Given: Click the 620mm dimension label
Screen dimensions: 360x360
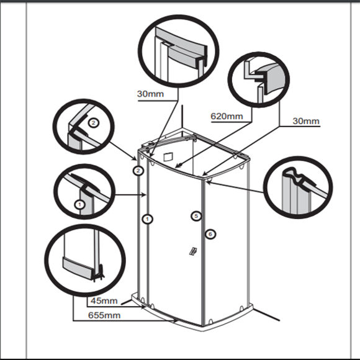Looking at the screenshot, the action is (x=227, y=117).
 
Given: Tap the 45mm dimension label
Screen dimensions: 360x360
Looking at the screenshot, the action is (x=104, y=300).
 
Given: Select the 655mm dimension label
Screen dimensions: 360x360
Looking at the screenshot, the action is (x=104, y=315).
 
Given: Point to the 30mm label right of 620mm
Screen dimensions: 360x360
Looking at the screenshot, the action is (x=306, y=121).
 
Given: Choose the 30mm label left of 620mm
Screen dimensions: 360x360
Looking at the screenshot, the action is (x=150, y=94).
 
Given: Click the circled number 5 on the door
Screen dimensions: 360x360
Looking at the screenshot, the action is (x=196, y=216).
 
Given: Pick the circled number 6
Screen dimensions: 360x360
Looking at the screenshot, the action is (x=210, y=234).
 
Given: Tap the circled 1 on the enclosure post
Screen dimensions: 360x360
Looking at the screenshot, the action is (x=147, y=219).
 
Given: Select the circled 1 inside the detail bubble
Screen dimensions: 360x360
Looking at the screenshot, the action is (x=79, y=204).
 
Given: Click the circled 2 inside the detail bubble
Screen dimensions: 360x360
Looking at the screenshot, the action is (x=94, y=123).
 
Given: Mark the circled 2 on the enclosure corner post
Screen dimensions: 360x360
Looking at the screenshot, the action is (x=138, y=171).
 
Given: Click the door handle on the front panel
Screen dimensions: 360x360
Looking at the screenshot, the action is (x=192, y=251).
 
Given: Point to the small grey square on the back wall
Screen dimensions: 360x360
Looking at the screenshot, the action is (x=168, y=157).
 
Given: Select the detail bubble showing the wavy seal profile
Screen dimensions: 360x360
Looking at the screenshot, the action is (x=298, y=187).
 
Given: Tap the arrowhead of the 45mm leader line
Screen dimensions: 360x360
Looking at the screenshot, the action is (x=143, y=307).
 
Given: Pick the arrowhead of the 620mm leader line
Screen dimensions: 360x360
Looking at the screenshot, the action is (x=179, y=165).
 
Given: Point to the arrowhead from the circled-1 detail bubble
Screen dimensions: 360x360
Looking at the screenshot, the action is (x=145, y=195).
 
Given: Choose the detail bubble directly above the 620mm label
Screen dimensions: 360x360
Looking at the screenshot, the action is (x=259, y=79).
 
